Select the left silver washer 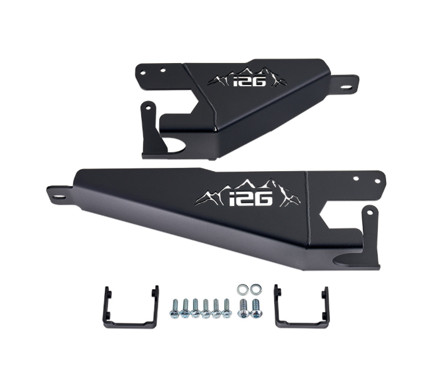(x=242, y=289)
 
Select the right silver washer (x=255, y=290)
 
